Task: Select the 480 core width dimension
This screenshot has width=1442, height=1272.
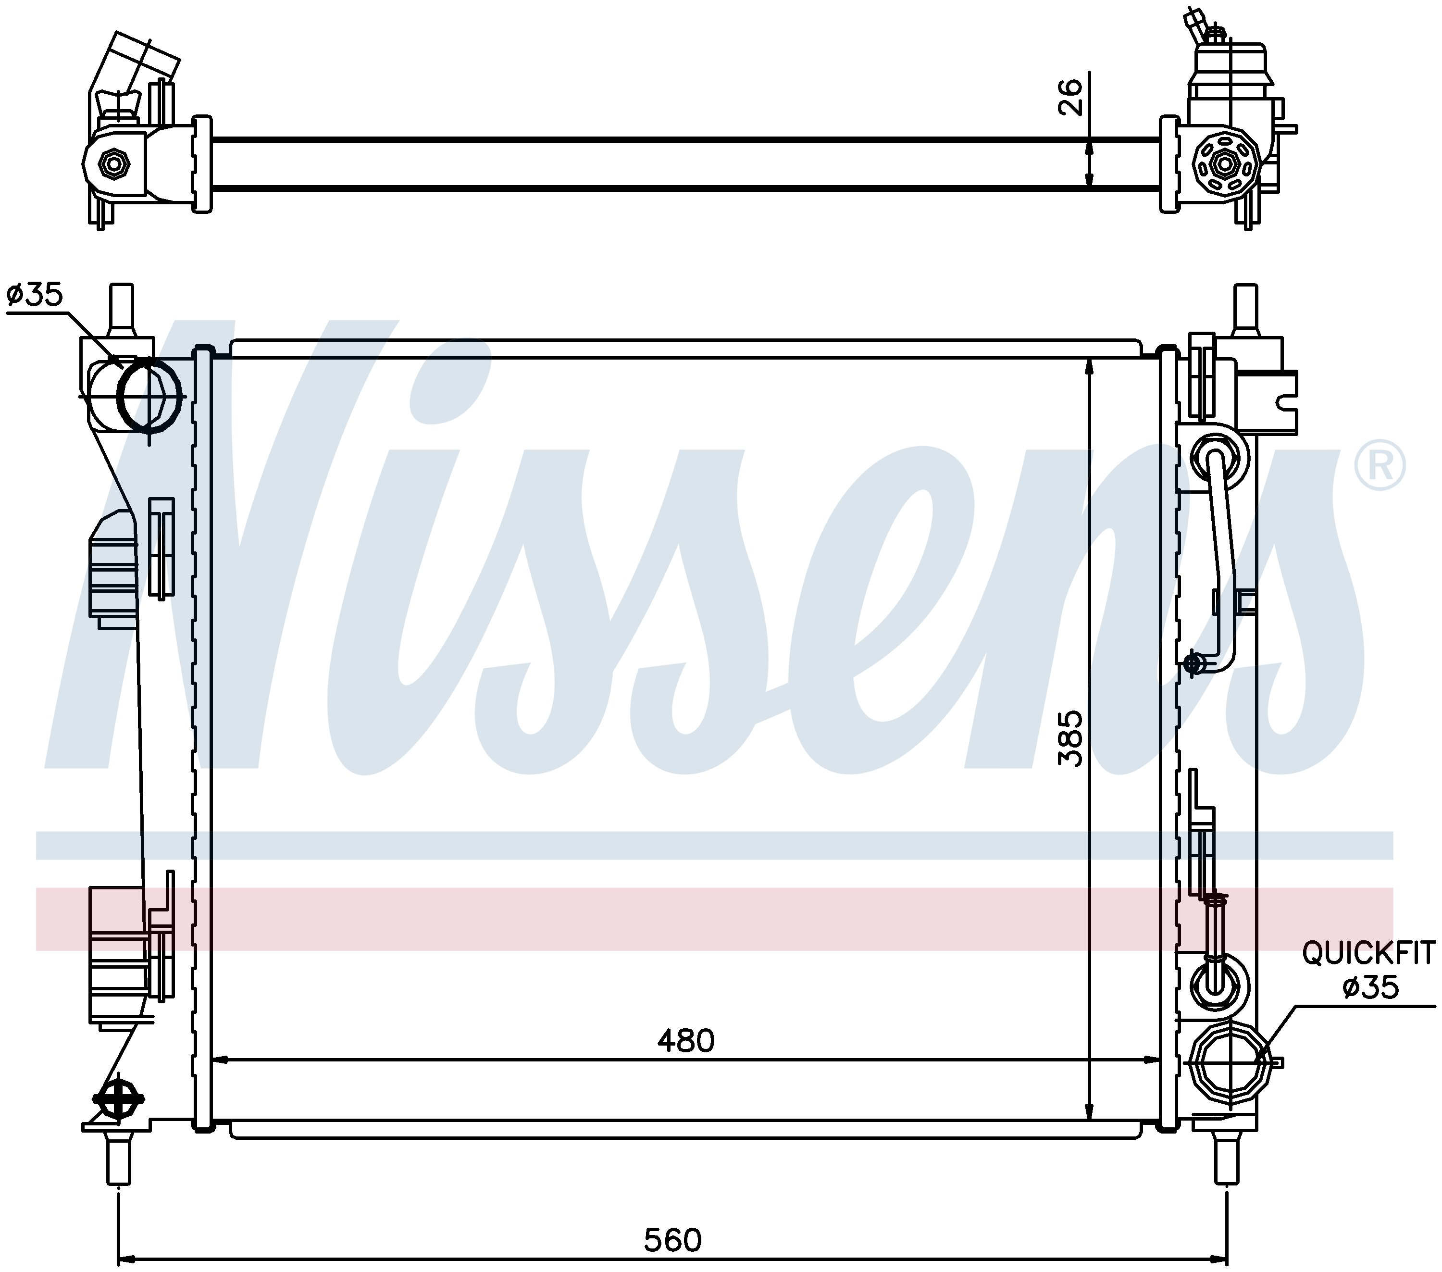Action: coord(686,1041)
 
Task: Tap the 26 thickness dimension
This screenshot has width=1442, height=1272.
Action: coord(1070,97)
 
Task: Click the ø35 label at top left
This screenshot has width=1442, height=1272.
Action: coord(35,294)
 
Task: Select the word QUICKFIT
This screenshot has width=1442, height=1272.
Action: coord(1368,954)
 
